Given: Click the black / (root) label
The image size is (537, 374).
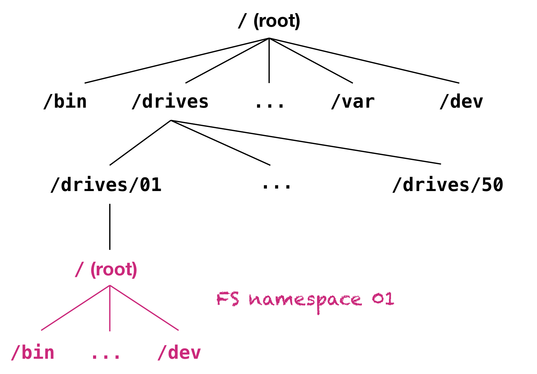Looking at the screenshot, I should point(269,21).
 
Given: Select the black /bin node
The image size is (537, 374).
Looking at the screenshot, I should point(65,102).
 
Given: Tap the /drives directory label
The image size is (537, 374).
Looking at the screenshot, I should point(170,102).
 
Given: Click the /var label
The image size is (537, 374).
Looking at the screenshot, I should point(353,102).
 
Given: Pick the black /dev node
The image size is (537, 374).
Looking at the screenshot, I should point(461,102).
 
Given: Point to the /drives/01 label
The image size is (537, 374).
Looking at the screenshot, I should point(106,185).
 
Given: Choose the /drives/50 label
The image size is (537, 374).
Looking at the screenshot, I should point(448,185).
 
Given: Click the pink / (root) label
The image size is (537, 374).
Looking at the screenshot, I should point(106,269).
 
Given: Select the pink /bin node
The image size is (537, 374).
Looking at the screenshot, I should point(33,353).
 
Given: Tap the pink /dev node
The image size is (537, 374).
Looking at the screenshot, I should point(179,353).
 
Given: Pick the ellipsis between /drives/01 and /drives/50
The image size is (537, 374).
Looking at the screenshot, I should point(276,187).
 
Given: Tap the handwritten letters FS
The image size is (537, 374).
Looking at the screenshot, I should point(228,299).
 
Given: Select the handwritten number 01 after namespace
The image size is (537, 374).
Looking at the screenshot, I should point(383,299).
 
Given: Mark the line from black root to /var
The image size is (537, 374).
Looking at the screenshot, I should point(311,61).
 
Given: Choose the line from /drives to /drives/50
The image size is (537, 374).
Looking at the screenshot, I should point(306,142).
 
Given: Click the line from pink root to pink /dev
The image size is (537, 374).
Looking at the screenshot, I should point(144,308).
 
